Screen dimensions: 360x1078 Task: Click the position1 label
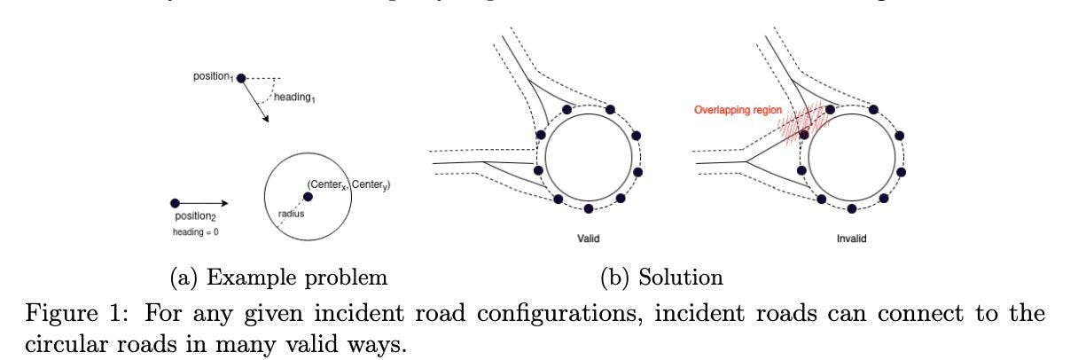coord(213,77)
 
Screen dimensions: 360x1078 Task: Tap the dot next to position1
coord(240,79)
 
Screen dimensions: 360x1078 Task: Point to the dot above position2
coord(175,203)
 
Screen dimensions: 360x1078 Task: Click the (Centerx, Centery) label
coord(348,184)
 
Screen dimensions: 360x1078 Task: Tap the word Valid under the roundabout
coord(589,239)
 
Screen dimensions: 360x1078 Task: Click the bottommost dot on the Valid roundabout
coord(589,209)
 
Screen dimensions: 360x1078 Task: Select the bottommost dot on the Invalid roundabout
coord(852,209)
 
